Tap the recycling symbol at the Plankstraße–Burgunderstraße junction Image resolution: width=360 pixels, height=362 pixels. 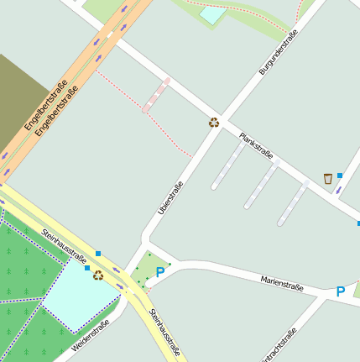[214, 122]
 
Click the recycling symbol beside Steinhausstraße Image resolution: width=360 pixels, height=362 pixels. [98, 275]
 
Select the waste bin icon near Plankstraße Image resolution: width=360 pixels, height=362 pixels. [327, 178]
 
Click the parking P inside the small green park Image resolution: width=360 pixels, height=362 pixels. [160, 272]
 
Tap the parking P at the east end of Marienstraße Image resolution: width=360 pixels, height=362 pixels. [340, 291]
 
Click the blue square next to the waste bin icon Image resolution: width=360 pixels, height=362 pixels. [340, 176]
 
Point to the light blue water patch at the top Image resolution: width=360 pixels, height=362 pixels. [212, 14]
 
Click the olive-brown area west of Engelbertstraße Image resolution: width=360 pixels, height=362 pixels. [21, 101]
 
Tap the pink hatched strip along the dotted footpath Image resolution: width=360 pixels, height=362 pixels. [156, 95]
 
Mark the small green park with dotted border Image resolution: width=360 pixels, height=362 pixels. [148, 269]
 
